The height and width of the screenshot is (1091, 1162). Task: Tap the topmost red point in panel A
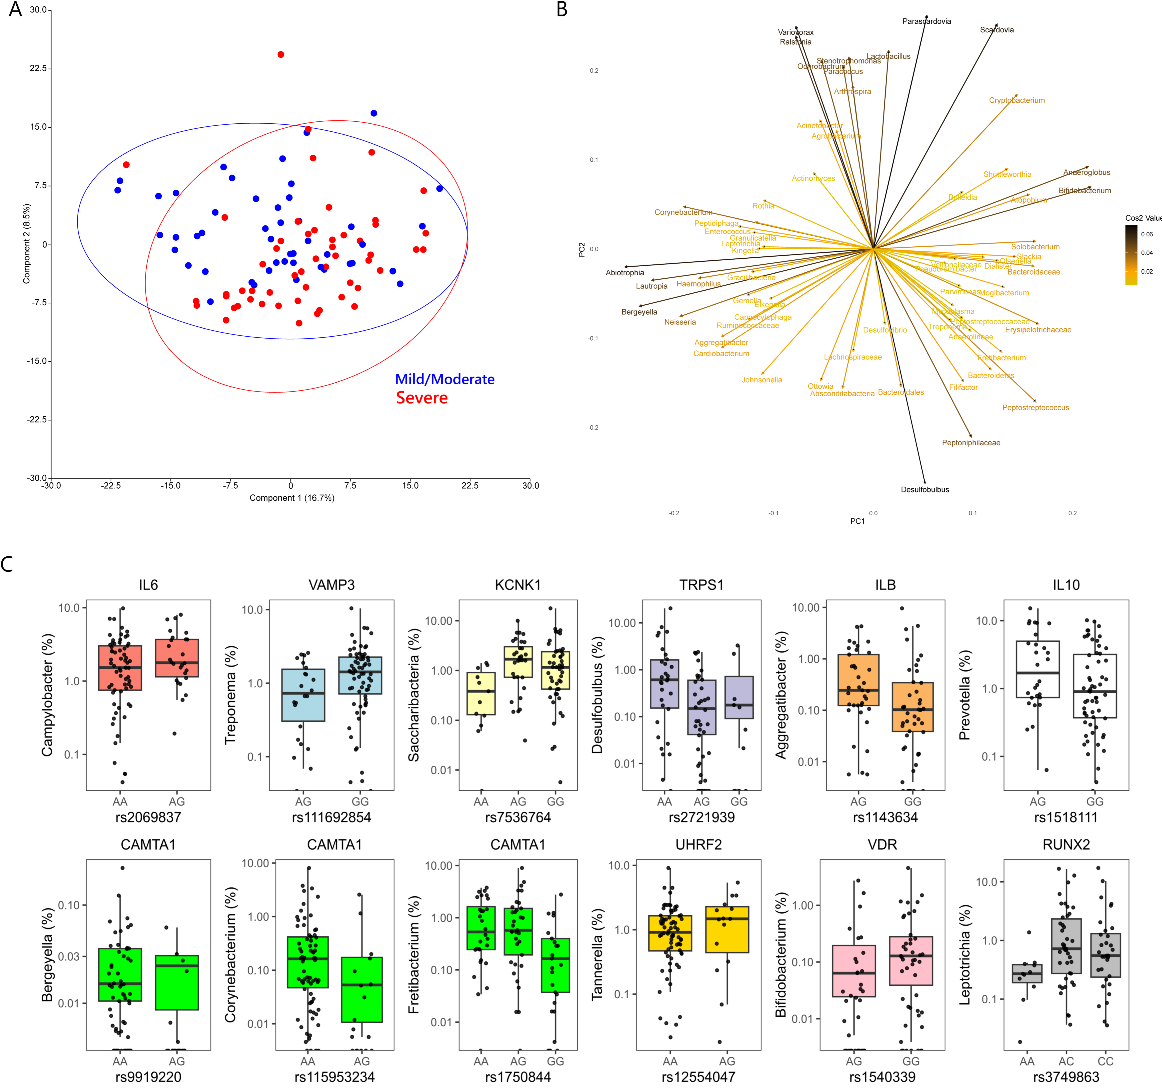pos(280,54)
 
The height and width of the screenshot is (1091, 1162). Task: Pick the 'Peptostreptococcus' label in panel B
pos(1035,408)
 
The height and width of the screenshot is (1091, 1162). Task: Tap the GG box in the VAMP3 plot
pos(360,675)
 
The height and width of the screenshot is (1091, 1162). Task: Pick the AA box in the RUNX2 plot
pos(1027,973)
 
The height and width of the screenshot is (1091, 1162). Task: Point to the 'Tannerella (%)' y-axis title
pos(597,954)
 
